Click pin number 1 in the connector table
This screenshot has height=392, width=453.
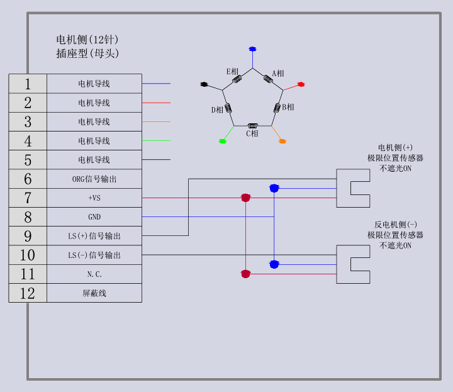point(28,84)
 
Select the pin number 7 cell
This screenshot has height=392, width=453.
point(28,198)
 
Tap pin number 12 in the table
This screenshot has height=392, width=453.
point(28,293)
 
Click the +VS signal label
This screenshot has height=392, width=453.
point(94,198)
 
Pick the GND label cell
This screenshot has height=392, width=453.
point(94,217)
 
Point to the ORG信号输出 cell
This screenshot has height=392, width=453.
point(94,179)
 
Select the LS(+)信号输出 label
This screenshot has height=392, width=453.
point(94,237)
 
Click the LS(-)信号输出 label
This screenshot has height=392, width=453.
point(94,255)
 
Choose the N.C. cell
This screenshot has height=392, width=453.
point(94,274)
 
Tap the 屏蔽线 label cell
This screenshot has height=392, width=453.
point(94,293)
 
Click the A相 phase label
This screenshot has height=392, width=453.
point(278,74)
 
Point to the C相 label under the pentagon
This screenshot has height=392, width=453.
point(252,133)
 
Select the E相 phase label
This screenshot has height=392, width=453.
point(232,72)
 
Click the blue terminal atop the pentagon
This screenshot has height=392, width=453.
point(252,48)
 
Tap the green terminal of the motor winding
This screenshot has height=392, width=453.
point(223,141)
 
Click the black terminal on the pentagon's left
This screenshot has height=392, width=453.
point(203,84)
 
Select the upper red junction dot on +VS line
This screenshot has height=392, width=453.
point(246,198)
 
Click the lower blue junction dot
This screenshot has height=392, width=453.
point(274,264)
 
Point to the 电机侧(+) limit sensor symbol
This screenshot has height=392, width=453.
point(353,188)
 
